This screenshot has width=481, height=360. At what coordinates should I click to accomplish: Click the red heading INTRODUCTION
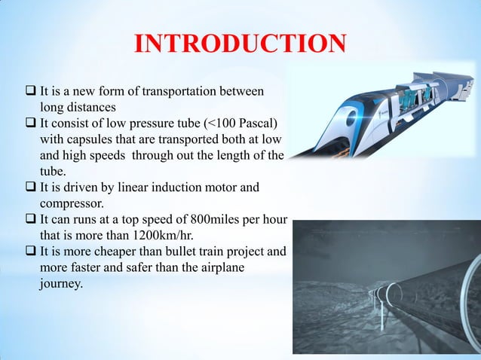pos(240,44)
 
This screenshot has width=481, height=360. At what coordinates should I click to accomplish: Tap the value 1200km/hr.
pos(149,235)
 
